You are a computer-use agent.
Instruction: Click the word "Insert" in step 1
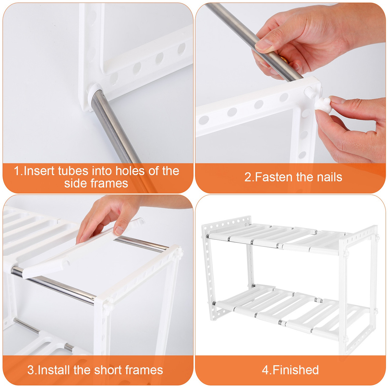point(39,171)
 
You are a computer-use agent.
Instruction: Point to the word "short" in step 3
point(108,370)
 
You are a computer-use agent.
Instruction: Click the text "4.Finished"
point(290,370)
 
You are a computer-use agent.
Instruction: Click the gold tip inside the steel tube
point(283,58)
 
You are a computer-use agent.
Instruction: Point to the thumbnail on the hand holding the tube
point(264,45)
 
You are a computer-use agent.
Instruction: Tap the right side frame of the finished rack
point(359,288)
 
